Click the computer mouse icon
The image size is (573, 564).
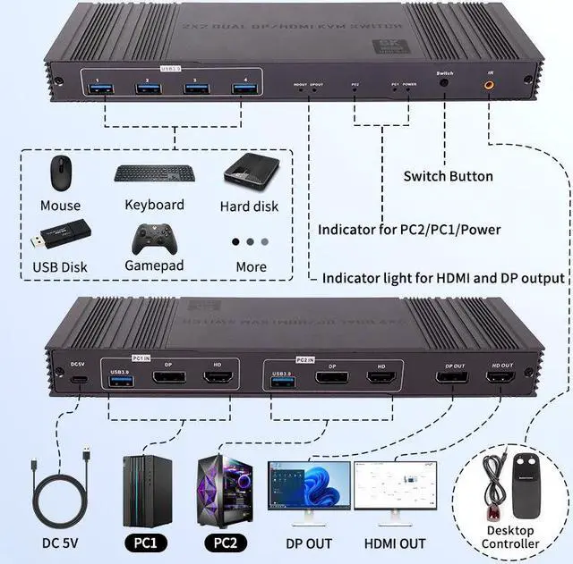(60, 173)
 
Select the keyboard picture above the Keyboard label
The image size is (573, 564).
(154, 174)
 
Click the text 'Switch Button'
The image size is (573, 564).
(448, 177)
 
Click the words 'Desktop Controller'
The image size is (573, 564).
(511, 537)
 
